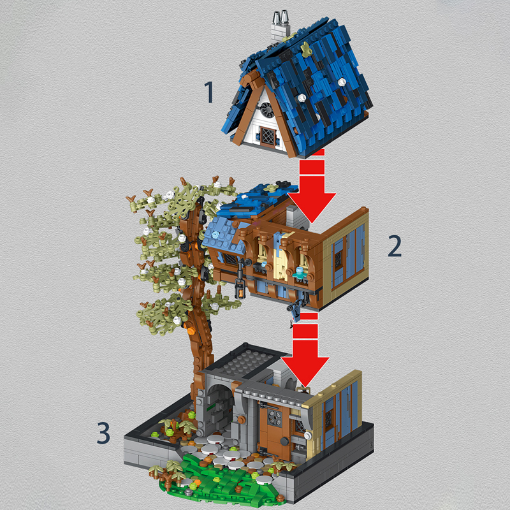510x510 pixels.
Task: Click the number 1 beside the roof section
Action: [209, 92]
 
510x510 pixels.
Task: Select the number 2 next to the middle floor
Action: [395, 246]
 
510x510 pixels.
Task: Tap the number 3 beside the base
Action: [103, 433]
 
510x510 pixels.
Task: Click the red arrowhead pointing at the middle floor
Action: [312, 207]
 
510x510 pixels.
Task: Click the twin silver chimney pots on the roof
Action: [280, 18]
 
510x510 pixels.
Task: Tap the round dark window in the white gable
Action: [267, 110]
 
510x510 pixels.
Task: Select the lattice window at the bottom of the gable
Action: [268, 136]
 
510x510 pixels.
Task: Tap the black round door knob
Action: [284, 441]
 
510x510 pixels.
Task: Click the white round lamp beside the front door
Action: [307, 435]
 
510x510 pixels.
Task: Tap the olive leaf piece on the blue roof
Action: [306, 49]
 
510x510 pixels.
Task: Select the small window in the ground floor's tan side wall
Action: [328, 419]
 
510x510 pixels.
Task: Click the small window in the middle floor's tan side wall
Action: [339, 259]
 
